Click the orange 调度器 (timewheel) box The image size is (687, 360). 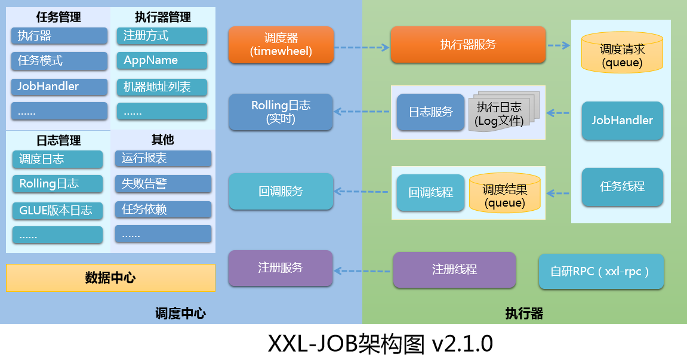point(281,45)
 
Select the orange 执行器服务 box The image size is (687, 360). point(468,45)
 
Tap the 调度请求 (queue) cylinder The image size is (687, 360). point(622,53)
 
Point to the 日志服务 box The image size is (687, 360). point(430,112)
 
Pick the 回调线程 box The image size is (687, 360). point(430,193)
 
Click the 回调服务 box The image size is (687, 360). point(281,192)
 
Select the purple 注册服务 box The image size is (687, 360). point(281,268)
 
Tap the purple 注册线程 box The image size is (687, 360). point(454,269)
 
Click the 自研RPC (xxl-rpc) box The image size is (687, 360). point(601,272)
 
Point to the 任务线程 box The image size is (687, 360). point(622,186)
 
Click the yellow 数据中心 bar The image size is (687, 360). point(110,278)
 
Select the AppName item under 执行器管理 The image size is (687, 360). point(162,60)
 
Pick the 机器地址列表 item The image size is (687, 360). point(162,87)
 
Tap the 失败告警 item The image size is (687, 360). point(163,184)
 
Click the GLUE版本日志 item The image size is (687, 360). point(57,210)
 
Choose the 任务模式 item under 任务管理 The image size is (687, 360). point(59,60)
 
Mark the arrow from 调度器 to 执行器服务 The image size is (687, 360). point(361,47)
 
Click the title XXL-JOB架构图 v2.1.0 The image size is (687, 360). point(380,343)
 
